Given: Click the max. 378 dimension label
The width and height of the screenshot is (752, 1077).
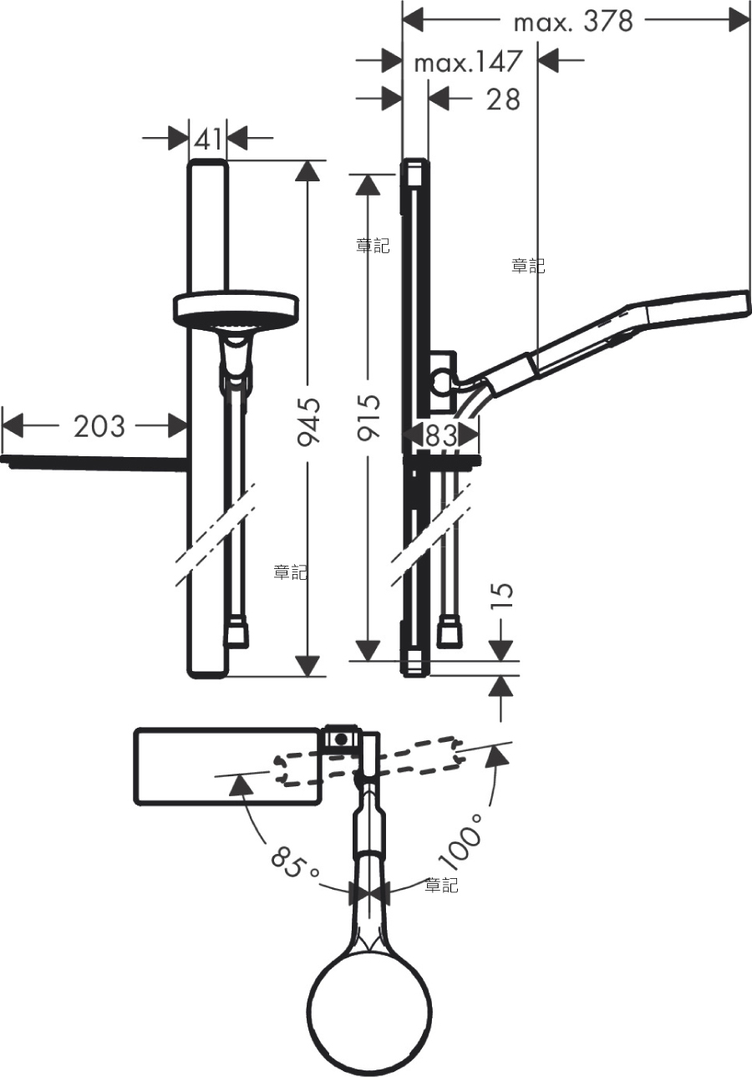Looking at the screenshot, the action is tap(573, 22).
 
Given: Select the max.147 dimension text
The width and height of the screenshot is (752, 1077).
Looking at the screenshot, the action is tap(468, 62).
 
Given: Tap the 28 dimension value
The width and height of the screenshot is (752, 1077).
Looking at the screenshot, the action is tap(503, 99).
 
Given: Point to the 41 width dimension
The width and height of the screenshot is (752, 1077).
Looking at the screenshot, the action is tap(208, 139).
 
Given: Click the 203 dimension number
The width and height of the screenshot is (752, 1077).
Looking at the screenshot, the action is tap(99, 426).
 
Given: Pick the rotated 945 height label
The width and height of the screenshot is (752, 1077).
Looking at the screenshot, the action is tap(308, 422).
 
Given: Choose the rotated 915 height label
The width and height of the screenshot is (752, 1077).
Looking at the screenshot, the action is tap(369, 417).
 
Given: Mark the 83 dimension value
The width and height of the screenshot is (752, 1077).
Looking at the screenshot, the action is tap(441, 435).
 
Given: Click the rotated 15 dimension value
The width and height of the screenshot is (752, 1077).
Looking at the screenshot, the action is tap(501, 597).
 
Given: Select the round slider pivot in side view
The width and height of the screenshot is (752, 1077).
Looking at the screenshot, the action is tap(441, 382).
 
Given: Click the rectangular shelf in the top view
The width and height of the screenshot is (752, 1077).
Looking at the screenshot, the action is tap(227, 766).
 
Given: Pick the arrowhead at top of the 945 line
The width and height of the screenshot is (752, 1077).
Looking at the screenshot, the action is tap(307, 170).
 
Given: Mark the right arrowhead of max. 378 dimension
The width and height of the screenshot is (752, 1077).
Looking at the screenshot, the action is tap(739, 20).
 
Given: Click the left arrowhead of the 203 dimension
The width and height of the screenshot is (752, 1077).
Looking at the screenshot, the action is tap(13, 426).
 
